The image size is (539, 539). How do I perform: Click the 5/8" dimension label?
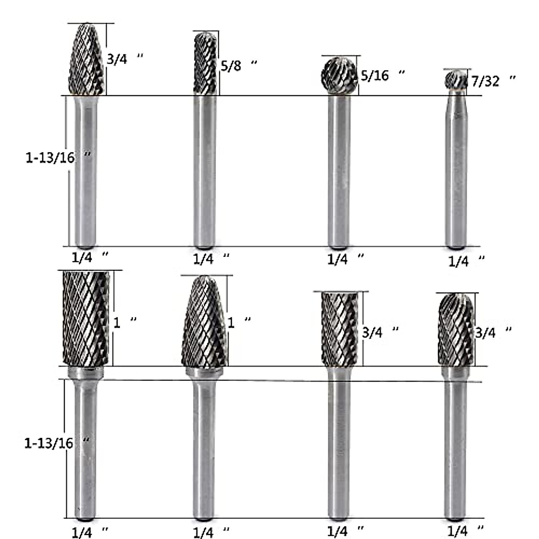(238, 66)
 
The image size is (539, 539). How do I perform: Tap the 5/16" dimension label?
(382, 75)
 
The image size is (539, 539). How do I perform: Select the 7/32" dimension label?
(492, 81)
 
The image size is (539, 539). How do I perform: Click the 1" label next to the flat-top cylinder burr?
(124, 323)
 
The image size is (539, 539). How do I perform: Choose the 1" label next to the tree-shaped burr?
(239, 323)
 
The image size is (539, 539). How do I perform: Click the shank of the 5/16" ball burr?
(339, 171)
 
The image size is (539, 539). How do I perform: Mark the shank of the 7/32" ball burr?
(456, 171)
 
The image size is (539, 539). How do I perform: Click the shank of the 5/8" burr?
(204, 171)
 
